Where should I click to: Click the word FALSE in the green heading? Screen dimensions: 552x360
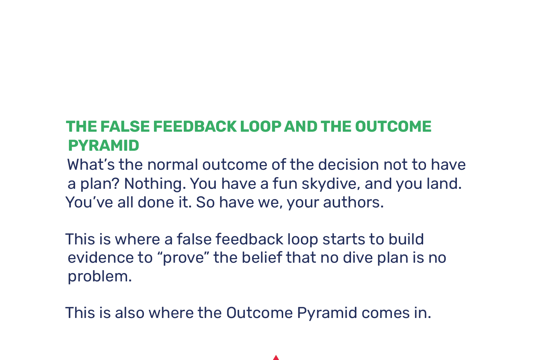(125, 127)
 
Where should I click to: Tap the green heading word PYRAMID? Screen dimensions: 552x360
(103, 146)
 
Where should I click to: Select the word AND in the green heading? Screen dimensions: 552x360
(300, 127)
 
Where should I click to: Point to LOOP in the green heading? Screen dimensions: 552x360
(261, 127)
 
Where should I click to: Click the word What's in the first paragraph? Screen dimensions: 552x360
(91, 165)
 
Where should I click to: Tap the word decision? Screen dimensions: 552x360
(348, 165)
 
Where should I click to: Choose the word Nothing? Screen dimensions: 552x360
(155, 184)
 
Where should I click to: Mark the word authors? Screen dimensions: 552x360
(354, 202)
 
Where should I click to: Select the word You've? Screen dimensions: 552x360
(89, 202)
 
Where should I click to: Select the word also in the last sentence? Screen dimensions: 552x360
(130, 313)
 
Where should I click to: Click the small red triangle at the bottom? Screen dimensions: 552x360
(276, 357)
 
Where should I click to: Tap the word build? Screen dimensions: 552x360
(406, 239)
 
